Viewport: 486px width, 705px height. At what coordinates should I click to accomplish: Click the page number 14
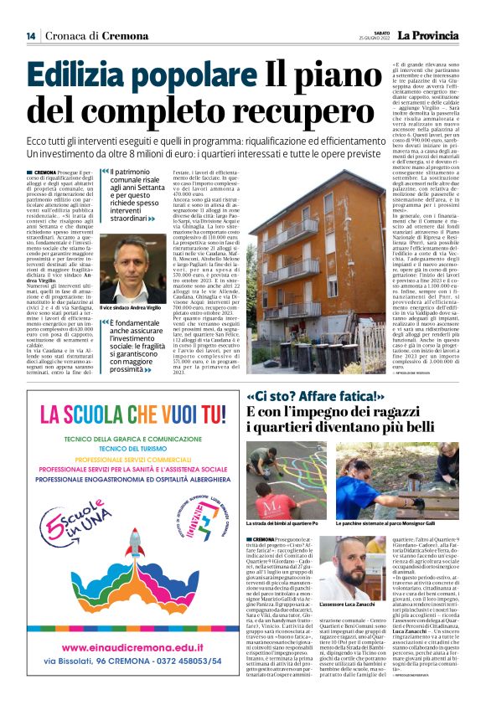(x=31, y=36)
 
